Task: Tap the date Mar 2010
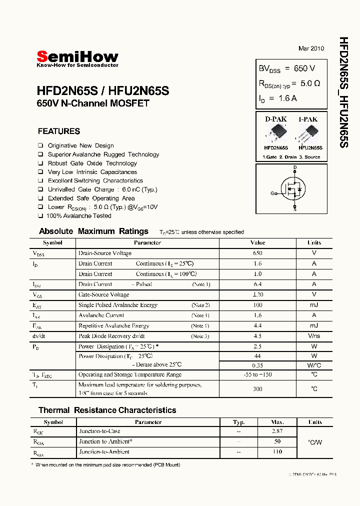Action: tap(311, 48)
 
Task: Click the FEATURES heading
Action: tap(59, 131)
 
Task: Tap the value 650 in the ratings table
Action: tap(257, 253)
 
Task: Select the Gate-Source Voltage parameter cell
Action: tap(103, 294)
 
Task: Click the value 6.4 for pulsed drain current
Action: tap(257, 284)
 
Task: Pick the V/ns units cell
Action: tap(314, 336)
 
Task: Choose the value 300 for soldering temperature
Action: tap(257, 388)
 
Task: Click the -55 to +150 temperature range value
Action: tap(257, 374)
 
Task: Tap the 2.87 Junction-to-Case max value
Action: tap(277, 431)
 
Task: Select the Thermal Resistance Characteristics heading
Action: tap(107, 410)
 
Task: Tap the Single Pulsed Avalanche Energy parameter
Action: tap(117, 305)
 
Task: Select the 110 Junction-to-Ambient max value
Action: tap(277, 451)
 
